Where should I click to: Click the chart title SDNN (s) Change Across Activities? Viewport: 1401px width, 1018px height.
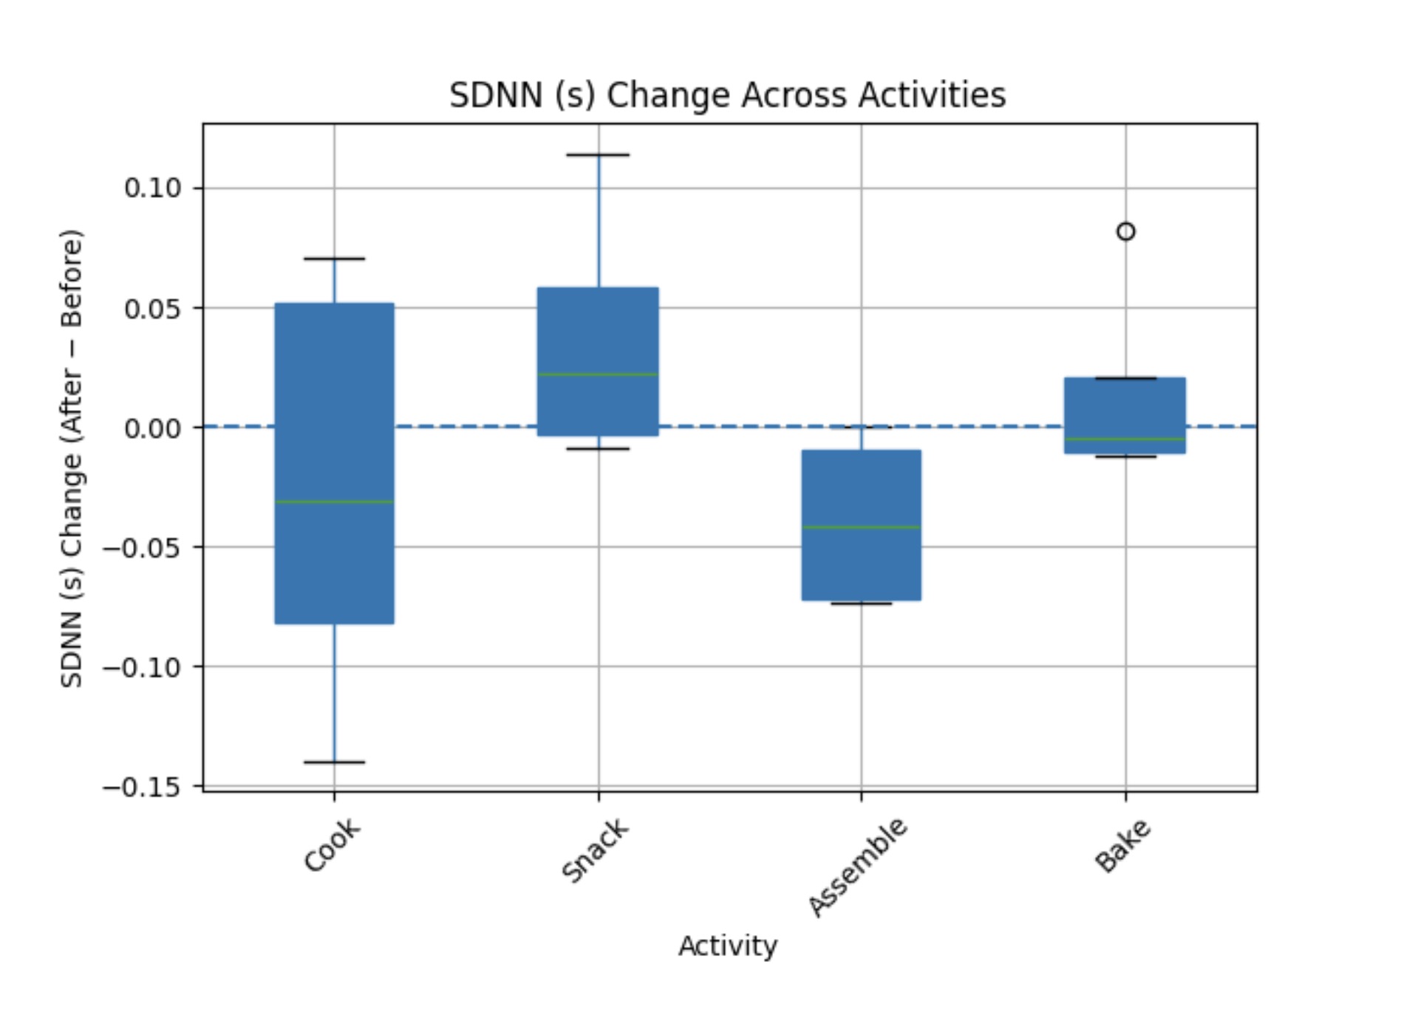point(727,95)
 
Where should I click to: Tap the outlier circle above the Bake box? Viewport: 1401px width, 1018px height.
point(1125,232)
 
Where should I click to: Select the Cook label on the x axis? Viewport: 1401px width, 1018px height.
point(333,845)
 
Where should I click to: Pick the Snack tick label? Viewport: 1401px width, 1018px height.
point(595,850)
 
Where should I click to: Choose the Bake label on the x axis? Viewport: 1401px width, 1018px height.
point(1122,846)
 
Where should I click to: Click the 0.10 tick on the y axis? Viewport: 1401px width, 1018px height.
point(152,188)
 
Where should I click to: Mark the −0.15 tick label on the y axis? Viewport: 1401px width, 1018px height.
point(142,788)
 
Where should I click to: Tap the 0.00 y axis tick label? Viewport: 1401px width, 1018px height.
point(152,428)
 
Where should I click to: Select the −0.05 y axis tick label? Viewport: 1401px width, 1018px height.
point(142,548)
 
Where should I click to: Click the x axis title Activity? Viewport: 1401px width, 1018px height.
point(728,946)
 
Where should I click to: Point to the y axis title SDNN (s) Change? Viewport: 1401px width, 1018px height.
point(72,458)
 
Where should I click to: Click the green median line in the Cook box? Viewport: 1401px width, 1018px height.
point(334,502)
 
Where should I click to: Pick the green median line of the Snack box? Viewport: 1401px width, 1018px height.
point(598,375)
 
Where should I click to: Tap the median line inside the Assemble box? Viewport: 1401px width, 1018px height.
point(862,527)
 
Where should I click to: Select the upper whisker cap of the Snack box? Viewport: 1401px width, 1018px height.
point(598,155)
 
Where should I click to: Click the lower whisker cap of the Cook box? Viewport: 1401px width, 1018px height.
point(334,762)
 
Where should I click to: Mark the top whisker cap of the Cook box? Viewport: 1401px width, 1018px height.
point(334,259)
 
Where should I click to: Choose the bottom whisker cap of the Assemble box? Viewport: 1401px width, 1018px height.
point(862,604)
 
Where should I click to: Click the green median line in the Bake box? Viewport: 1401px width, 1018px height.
point(1125,440)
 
